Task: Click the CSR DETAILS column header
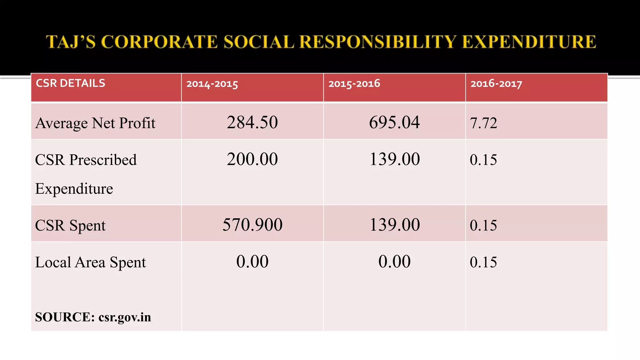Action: tap(71, 83)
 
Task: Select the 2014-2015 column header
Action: tap(212, 84)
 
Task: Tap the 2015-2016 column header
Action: tap(354, 84)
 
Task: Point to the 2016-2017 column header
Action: tap(496, 84)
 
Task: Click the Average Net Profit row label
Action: tap(95, 123)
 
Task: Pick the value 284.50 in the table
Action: tap(252, 122)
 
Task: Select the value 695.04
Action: tap(394, 122)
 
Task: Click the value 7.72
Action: tap(483, 123)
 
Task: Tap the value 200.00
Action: tap(252, 159)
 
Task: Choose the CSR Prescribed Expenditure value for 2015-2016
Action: tap(394, 159)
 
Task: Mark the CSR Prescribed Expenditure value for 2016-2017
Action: tap(483, 160)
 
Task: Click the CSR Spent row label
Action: tap(70, 225)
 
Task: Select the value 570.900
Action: tap(252, 225)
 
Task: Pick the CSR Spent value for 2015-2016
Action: tap(394, 225)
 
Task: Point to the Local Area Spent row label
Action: tap(90, 262)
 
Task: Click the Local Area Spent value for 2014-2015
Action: tap(252, 262)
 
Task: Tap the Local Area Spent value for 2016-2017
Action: tap(483, 262)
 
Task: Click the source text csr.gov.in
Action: tap(125, 317)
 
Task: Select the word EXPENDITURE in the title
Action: tap(529, 42)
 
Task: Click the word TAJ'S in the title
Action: tap(71, 42)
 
